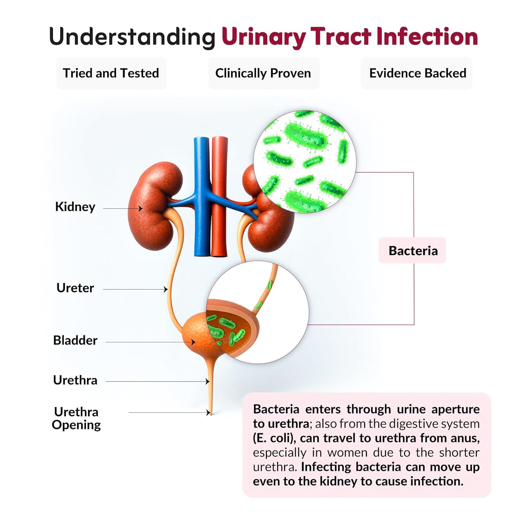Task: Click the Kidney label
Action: [75, 207]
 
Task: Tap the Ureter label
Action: [75, 288]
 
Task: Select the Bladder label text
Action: [75, 340]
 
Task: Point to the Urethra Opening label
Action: [76, 418]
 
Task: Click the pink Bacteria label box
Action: [413, 251]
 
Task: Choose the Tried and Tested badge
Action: [111, 73]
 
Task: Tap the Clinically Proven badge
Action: [263, 73]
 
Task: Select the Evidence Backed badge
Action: [417, 73]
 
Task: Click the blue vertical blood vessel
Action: [202, 197]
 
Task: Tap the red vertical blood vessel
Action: [219, 197]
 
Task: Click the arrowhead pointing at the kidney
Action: [141, 208]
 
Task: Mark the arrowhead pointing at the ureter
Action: [166, 289]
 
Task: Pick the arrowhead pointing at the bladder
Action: [193, 342]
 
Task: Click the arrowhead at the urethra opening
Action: [208, 412]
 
